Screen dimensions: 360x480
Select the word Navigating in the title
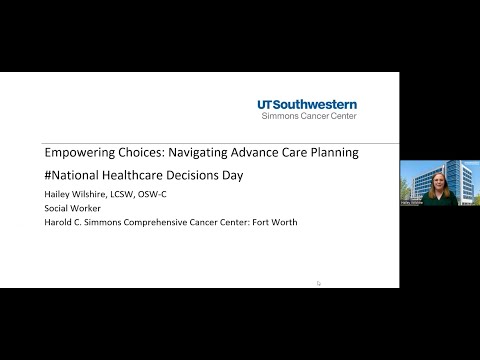pyautogui.click(x=207, y=153)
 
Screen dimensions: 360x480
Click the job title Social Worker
pyautogui.click(x=72, y=208)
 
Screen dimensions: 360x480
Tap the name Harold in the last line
pyautogui.click(x=59, y=222)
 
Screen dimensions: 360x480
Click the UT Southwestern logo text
pyautogui.click(x=306, y=104)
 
